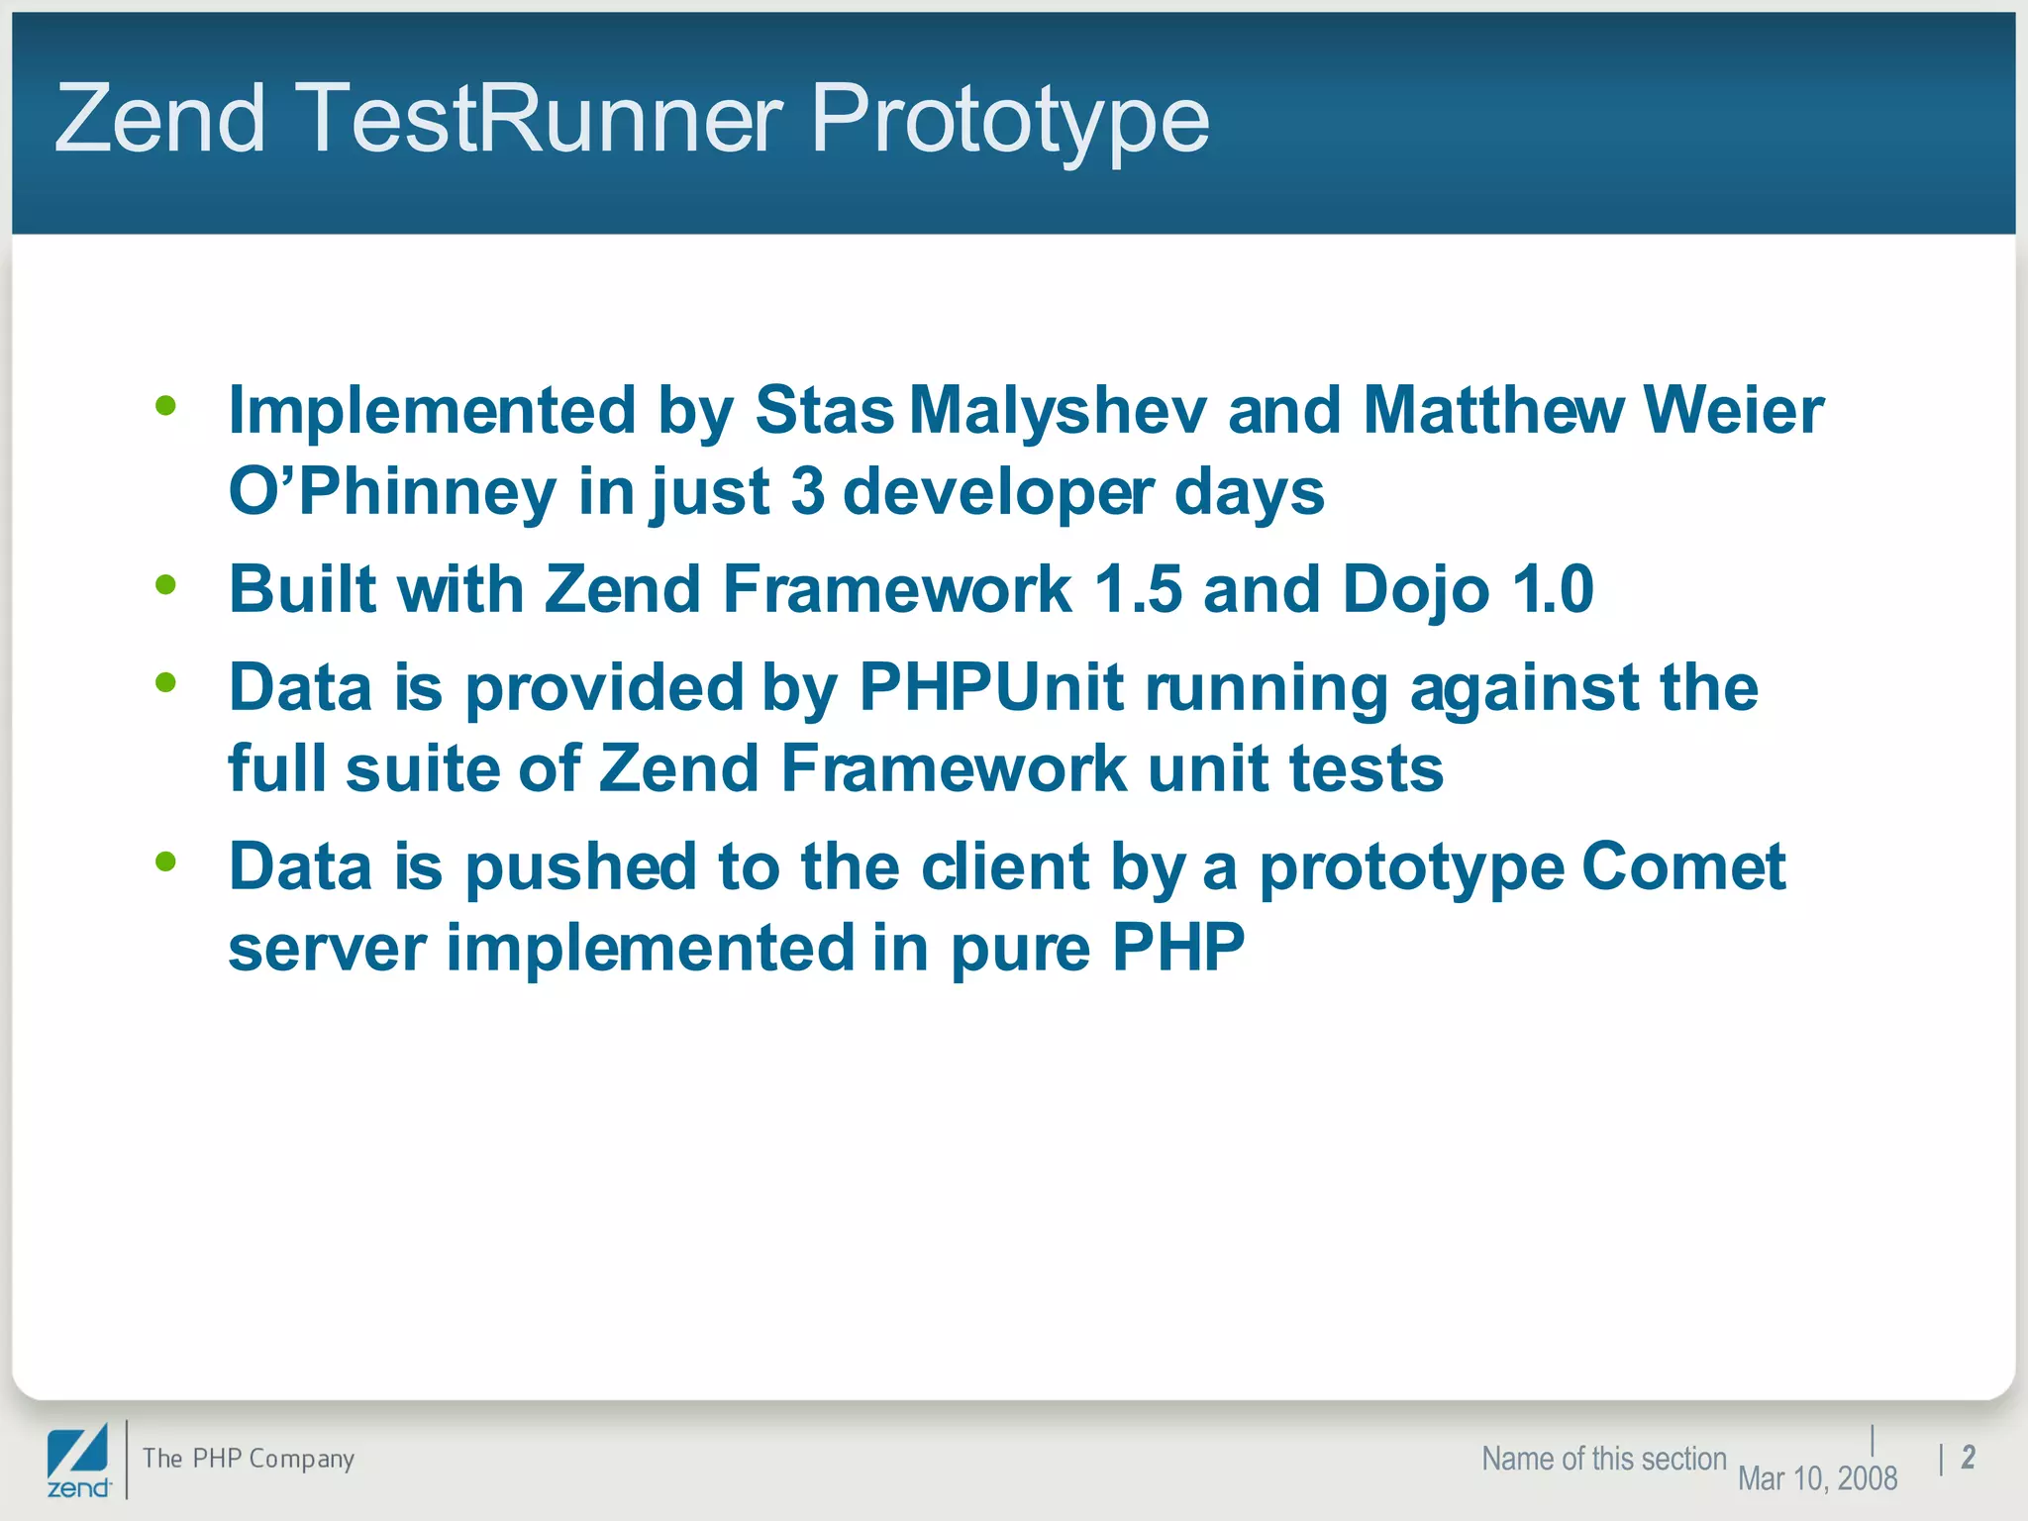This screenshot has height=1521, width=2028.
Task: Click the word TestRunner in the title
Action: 540,119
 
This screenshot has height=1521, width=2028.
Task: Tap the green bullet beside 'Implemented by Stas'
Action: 165,405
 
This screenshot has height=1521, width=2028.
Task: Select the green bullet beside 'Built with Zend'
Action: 165,584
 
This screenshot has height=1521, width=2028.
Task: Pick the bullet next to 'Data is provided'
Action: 165,682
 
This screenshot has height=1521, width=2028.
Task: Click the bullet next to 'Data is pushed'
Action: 165,862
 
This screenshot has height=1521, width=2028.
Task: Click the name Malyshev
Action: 1058,411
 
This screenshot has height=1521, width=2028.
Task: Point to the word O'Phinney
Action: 393,492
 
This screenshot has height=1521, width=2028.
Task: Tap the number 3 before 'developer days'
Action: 807,492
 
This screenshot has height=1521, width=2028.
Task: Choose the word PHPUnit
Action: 990,687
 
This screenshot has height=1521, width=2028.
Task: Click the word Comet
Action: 1683,867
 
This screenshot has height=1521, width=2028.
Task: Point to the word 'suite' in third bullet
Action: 422,768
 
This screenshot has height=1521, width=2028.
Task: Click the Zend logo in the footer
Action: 78,1461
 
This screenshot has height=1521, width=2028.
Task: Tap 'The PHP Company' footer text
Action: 249,1459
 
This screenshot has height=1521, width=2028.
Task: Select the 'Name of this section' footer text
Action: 1603,1459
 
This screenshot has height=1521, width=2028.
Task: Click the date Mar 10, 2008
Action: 1817,1478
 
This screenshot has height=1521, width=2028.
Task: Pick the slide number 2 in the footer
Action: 1968,1457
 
